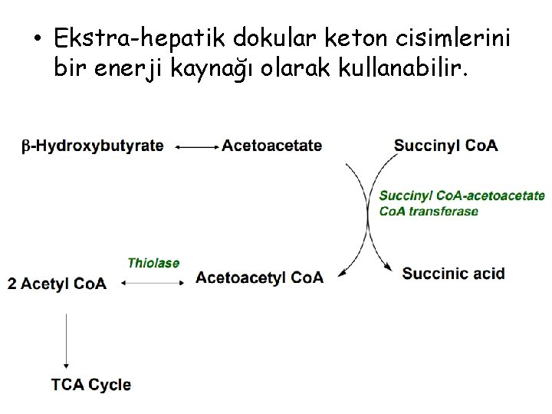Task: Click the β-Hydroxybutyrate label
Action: pos(92,146)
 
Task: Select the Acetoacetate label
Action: pos(271,146)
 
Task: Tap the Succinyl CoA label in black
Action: pos(445,145)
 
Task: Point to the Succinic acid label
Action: pos(453,273)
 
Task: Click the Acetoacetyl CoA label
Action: pos(259,277)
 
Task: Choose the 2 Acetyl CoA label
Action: pos(57,283)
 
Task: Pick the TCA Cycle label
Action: pos(91,384)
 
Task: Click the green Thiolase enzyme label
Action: pos(153,263)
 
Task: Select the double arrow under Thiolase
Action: pos(153,283)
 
